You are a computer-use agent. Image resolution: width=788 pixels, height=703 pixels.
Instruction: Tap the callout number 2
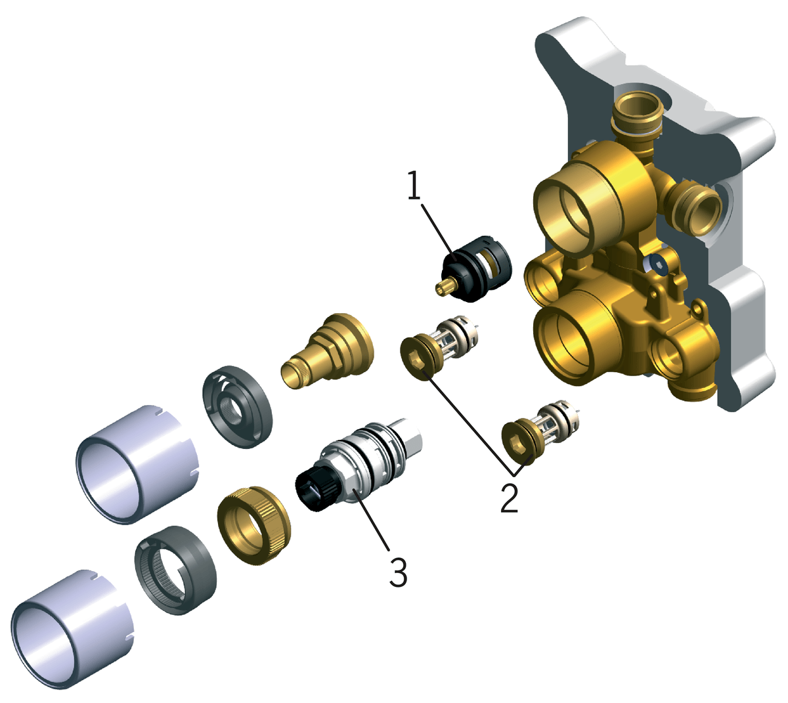510,498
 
